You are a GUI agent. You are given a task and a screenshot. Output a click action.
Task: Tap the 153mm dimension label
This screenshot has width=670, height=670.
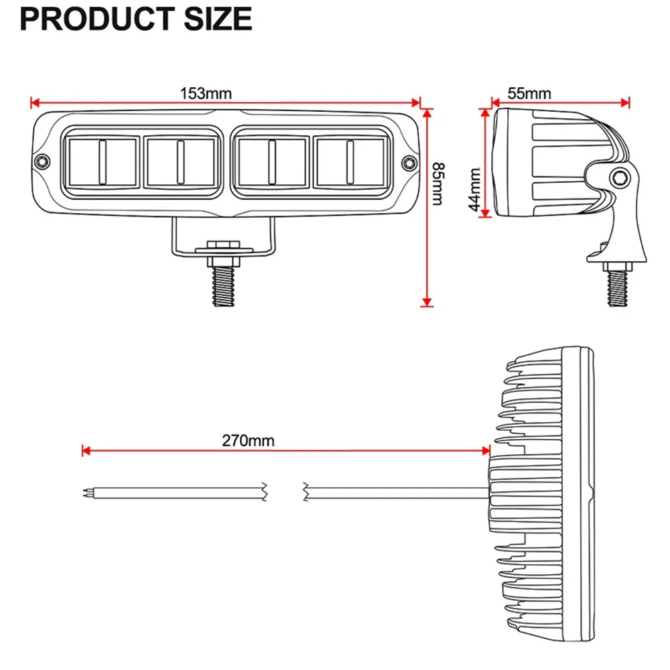pos(205,93)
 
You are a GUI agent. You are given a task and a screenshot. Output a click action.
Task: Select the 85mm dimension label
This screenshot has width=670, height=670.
pos(437,184)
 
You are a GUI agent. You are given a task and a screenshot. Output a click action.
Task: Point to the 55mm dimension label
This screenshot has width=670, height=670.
pos(529,93)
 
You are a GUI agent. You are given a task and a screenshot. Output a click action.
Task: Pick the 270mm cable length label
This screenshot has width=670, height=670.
pos(248,440)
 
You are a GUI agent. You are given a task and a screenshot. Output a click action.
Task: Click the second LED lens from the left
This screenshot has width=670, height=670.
pos(180,161)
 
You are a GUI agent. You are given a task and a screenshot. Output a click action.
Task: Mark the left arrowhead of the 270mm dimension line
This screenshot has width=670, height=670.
pos(84,451)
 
